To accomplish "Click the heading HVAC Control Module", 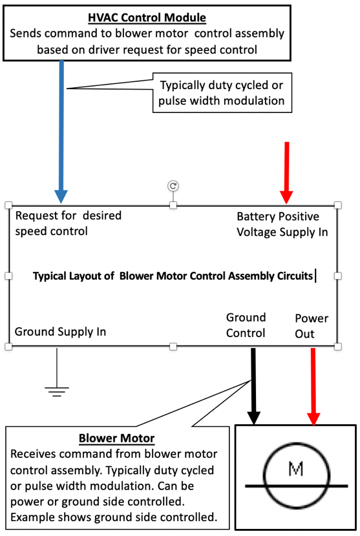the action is pyautogui.click(x=147, y=17).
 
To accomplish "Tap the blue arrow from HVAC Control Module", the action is pyautogui.click(x=61, y=132).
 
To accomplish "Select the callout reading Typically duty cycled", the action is pyautogui.click(x=222, y=92).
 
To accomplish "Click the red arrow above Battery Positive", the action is pyautogui.click(x=286, y=173).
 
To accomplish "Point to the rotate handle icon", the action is pyautogui.click(x=173, y=185).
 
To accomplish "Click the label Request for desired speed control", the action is pyautogui.click(x=69, y=223).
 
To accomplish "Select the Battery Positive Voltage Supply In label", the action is pyautogui.click(x=282, y=224).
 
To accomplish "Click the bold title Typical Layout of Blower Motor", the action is pyautogui.click(x=173, y=276).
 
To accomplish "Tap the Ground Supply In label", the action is pyautogui.click(x=60, y=331).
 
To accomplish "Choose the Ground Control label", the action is pyautogui.click(x=246, y=325).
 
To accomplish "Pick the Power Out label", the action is pyautogui.click(x=312, y=325).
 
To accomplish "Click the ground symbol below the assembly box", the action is pyautogui.click(x=57, y=389).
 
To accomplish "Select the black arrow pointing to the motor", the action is pyautogui.click(x=253, y=387).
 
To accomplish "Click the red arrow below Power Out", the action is pyautogui.click(x=313, y=387).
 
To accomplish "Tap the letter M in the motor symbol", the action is pyautogui.click(x=295, y=469).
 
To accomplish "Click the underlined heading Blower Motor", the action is pyautogui.click(x=117, y=438).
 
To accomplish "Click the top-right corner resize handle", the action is pyautogui.click(x=338, y=205).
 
